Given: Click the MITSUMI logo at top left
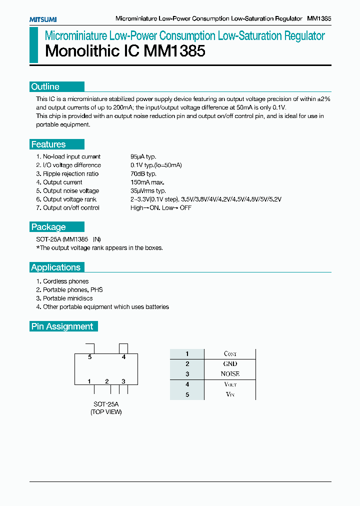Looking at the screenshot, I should click(x=42, y=19).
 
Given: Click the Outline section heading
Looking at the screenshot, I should click(x=45, y=86).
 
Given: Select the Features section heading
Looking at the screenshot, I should click(x=48, y=144).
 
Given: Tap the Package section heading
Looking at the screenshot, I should click(x=48, y=226).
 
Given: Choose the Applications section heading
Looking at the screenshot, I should click(x=55, y=267).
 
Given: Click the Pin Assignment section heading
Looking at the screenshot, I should click(x=62, y=326).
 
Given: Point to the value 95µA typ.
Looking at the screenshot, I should click(x=143, y=156).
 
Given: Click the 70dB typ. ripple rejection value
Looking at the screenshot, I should click(x=143, y=173).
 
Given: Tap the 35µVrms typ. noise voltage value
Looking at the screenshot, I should click(x=148, y=190).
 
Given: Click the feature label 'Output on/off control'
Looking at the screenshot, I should click(x=71, y=207).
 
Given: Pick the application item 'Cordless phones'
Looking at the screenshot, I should click(x=65, y=281).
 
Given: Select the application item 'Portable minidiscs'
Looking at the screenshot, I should click(x=67, y=298).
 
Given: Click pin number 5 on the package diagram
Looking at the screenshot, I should click(x=90, y=357).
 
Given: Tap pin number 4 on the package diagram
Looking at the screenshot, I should click(x=123, y=357).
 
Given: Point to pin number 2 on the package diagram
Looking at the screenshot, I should click(x=106, y=381).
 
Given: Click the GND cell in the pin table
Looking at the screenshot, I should click(x=230, y=364).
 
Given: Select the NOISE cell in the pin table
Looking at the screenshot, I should click(x=230, y=374).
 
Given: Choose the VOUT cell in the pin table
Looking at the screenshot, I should click(x=230, y=384).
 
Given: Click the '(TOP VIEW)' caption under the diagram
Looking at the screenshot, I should click(x=106, y=412).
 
